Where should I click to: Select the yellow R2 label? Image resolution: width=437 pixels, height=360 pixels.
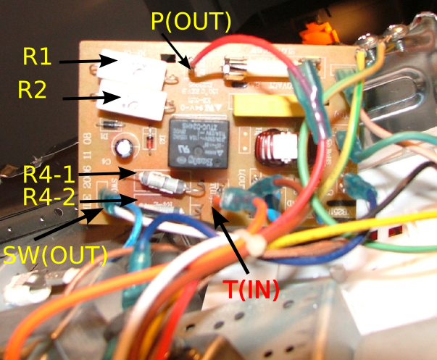tap(33, 90)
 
